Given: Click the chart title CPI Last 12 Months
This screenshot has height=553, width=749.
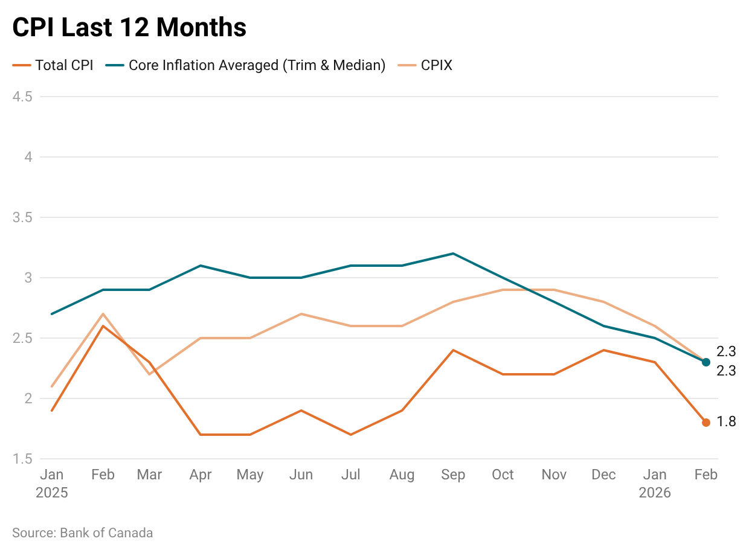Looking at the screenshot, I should click(129, 28).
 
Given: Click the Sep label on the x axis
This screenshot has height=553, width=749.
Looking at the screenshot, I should click(453, 475).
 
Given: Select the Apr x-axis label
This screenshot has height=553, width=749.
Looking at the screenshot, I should click(200, 475).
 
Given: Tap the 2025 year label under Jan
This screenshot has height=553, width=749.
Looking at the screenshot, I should click(52, 493).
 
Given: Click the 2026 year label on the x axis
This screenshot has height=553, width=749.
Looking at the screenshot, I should click(655, 493).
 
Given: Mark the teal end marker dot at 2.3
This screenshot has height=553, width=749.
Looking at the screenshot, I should click(706, 362).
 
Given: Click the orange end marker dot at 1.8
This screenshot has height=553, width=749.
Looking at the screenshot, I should click(706, 423).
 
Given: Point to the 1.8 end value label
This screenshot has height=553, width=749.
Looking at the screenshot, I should click(726, 422).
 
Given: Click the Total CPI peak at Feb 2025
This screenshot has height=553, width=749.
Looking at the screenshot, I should click(103, 326).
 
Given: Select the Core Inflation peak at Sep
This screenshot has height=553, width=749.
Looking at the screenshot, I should click(453, 254).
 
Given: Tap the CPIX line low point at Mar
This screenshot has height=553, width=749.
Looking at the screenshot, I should click(150, 374).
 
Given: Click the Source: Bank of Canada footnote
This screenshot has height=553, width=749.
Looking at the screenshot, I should click(83, 532).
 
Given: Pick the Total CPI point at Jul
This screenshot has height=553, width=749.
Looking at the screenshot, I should click(351, 435).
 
